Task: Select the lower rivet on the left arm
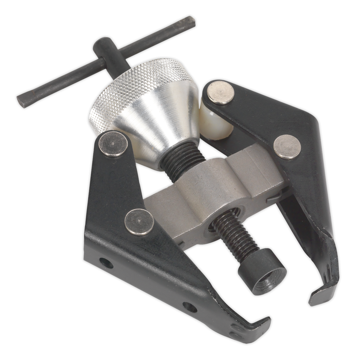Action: point(139,222)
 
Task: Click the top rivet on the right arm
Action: point(221,93)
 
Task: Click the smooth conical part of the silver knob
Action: point(168,123)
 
